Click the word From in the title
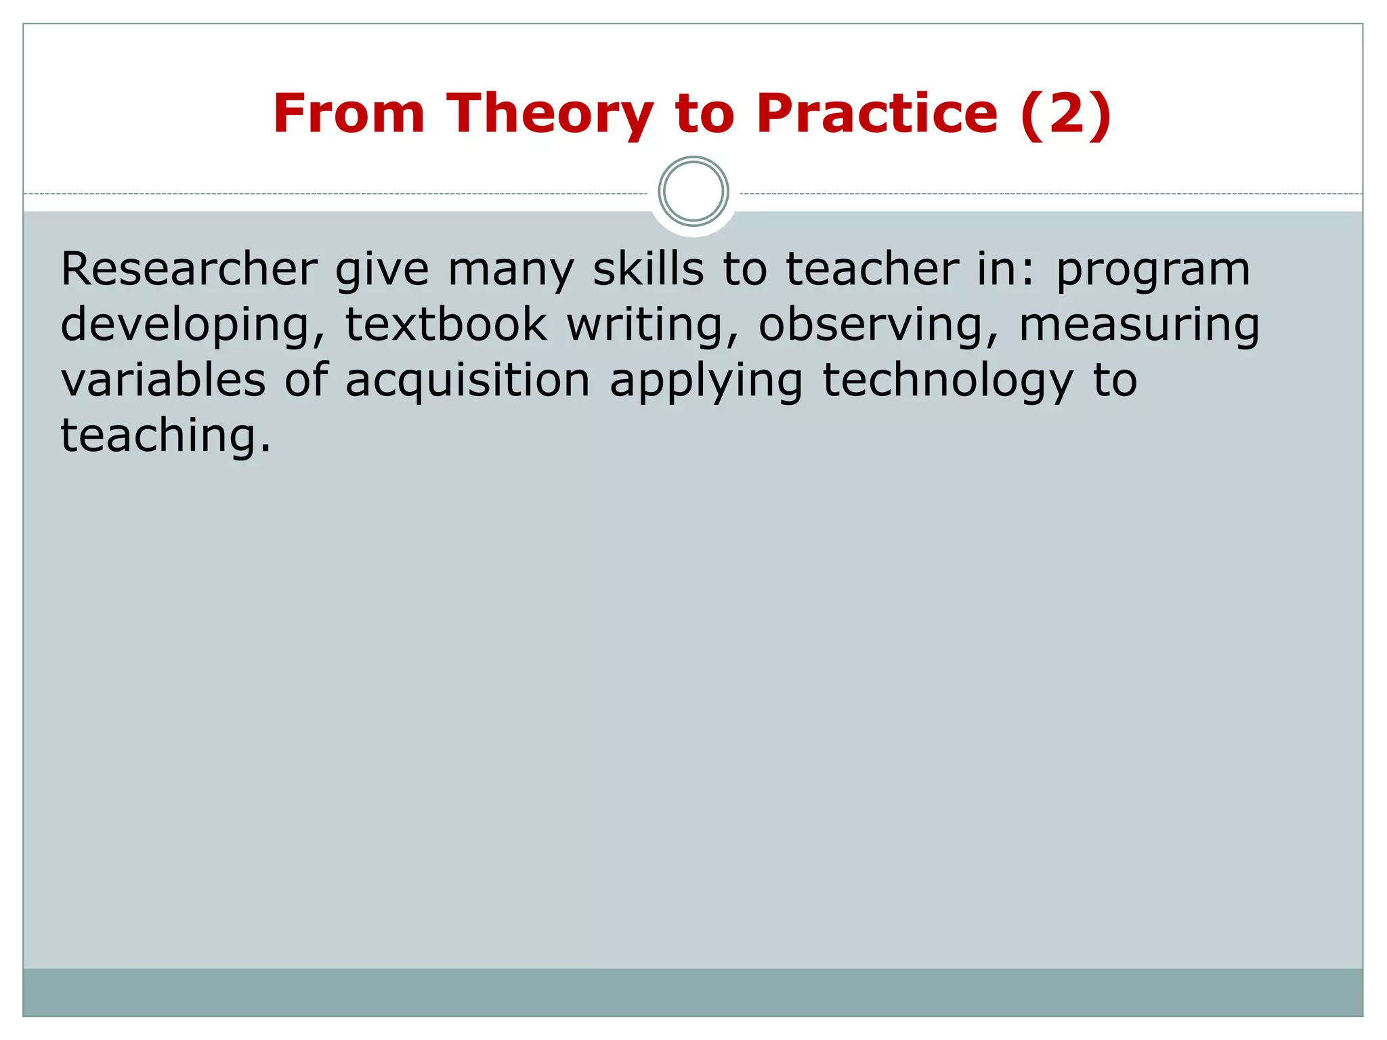pyautogui.click(x=348, y=113)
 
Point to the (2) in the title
pyautogui.click(x=1065, y=113)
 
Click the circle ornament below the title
pyautogui.click(x=693, y=192)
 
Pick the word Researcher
pyautogui.click(x=189, y=269)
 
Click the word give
pyautogui.click(x=382, y=270)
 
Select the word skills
pyautogui.click(x=648, y=269)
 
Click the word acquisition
pyautogui.click(x=467, y=381)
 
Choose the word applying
pyautogui.click(x=706, y=381)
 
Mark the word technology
pyautogui.click(x=947, y=381)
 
